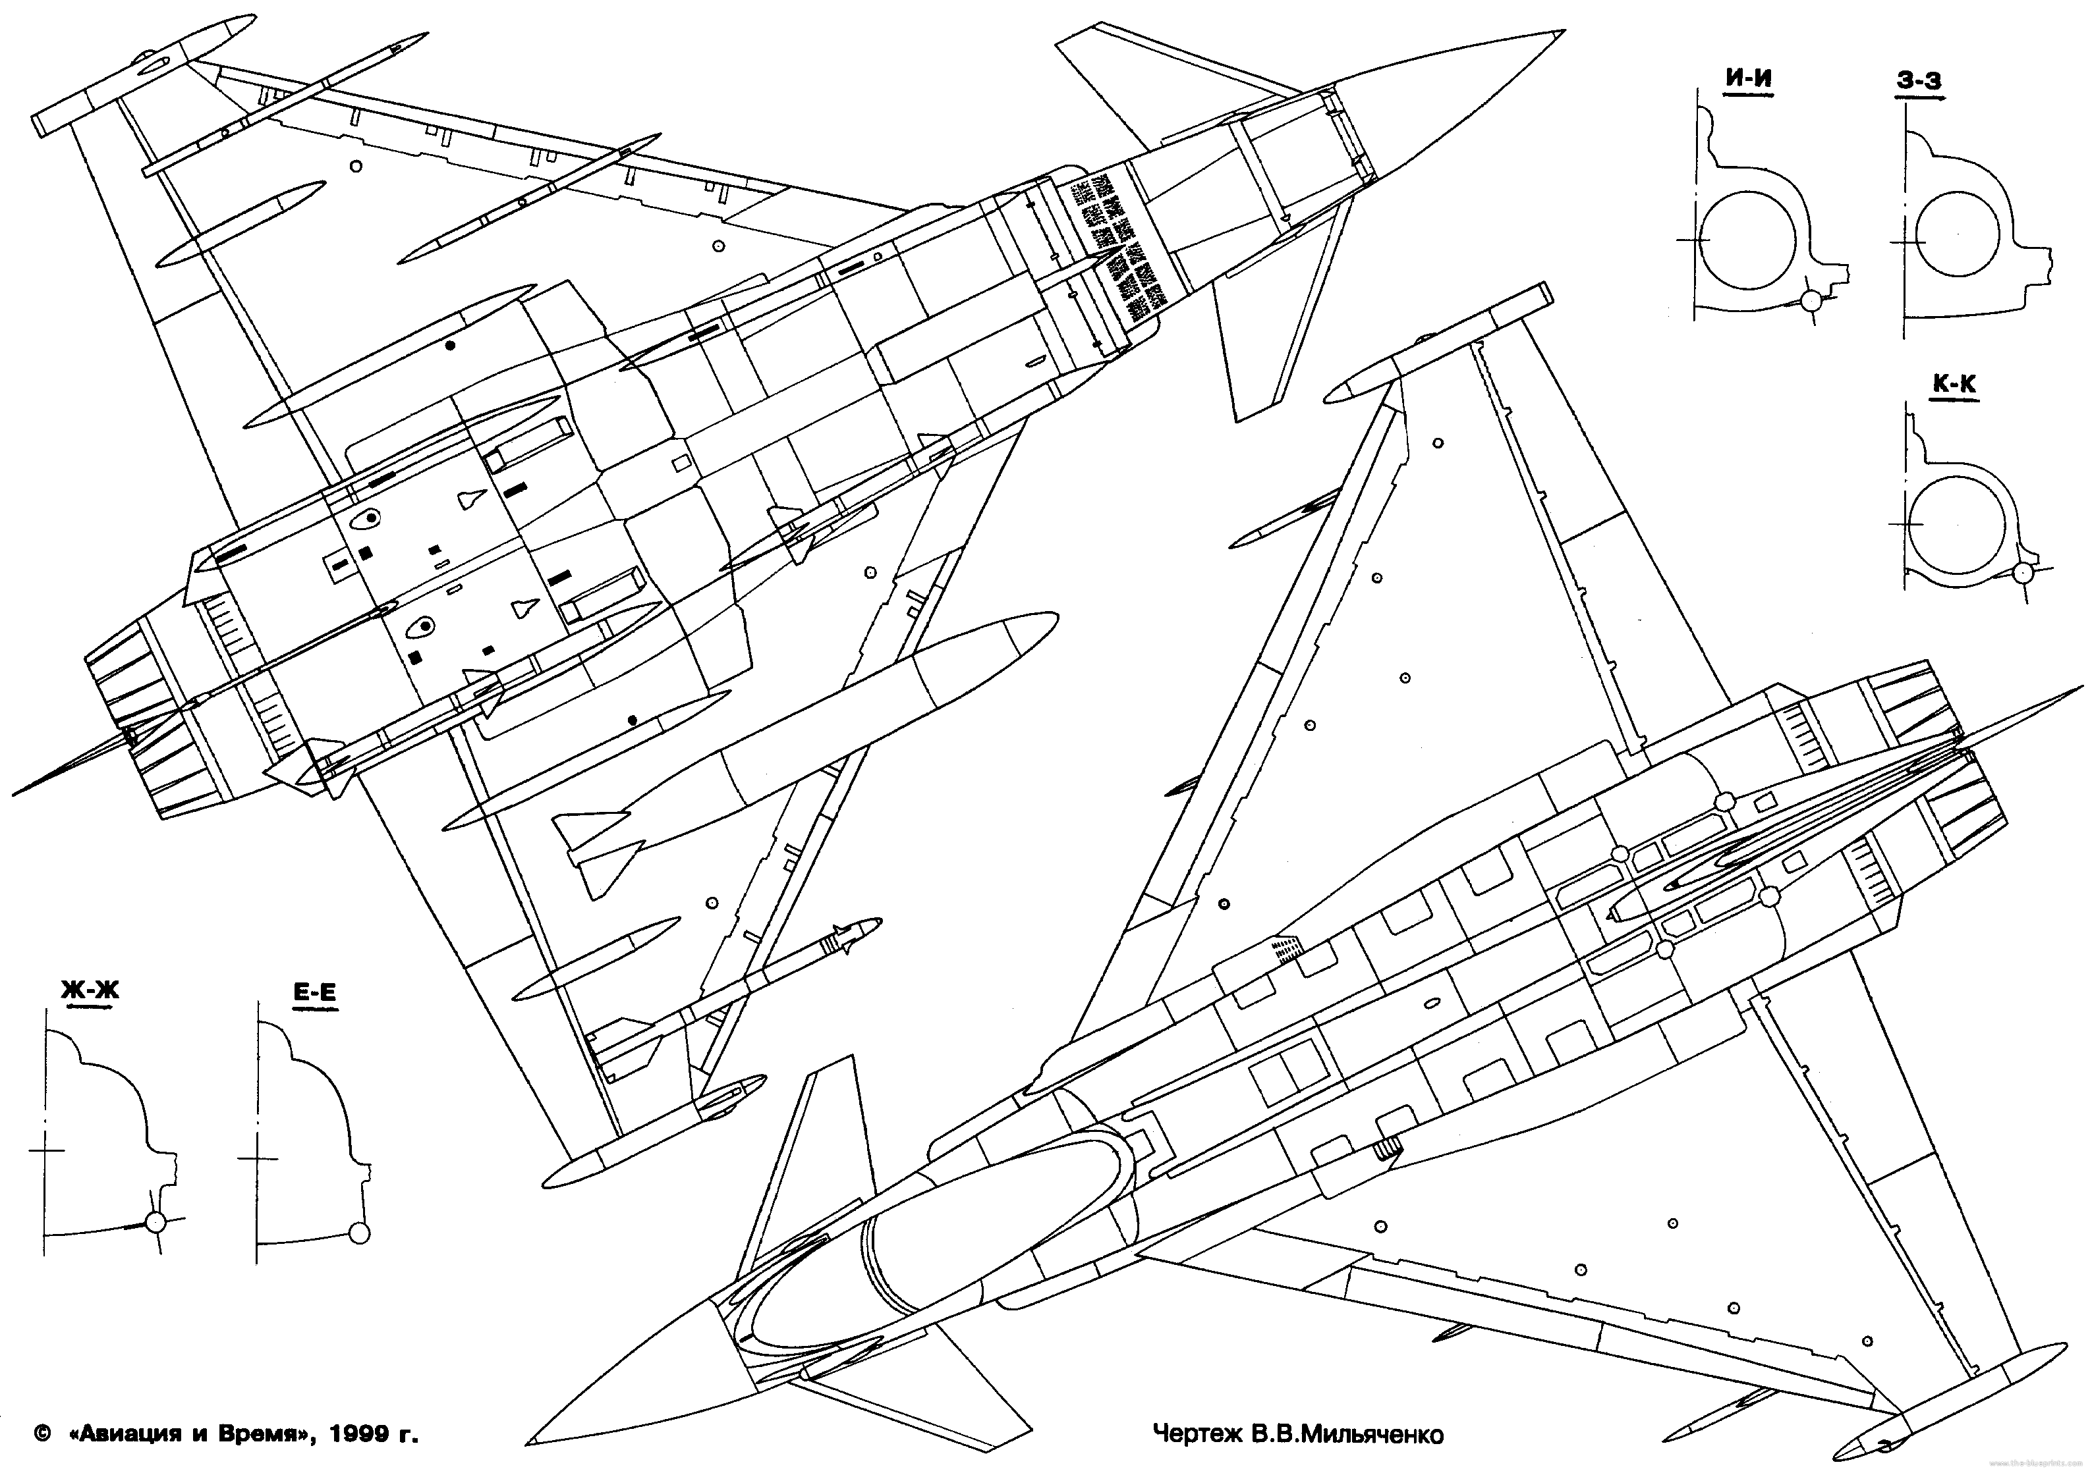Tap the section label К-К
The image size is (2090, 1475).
click(1954, 385)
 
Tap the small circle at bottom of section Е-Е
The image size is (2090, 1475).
click(360, 1232)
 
